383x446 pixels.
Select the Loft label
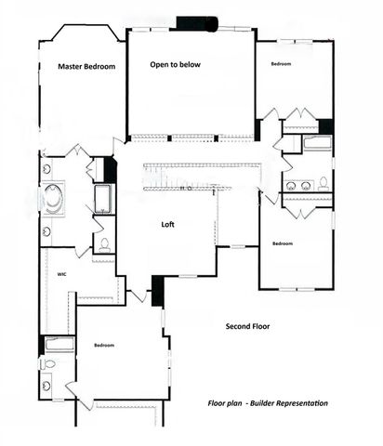point(168,224)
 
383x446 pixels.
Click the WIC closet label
point(60,274)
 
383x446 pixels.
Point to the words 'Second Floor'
point(248,327)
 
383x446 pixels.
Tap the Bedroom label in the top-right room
point(281,64)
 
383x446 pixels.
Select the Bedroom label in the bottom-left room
point(104,346)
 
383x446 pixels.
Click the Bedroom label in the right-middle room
point(283,243)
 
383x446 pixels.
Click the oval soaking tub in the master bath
point(52,199)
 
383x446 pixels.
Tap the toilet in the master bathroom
point(103,244)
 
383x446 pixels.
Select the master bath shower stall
point(102,198)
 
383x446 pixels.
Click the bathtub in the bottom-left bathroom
point(59,345)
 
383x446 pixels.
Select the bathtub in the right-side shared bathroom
point(317,144)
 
